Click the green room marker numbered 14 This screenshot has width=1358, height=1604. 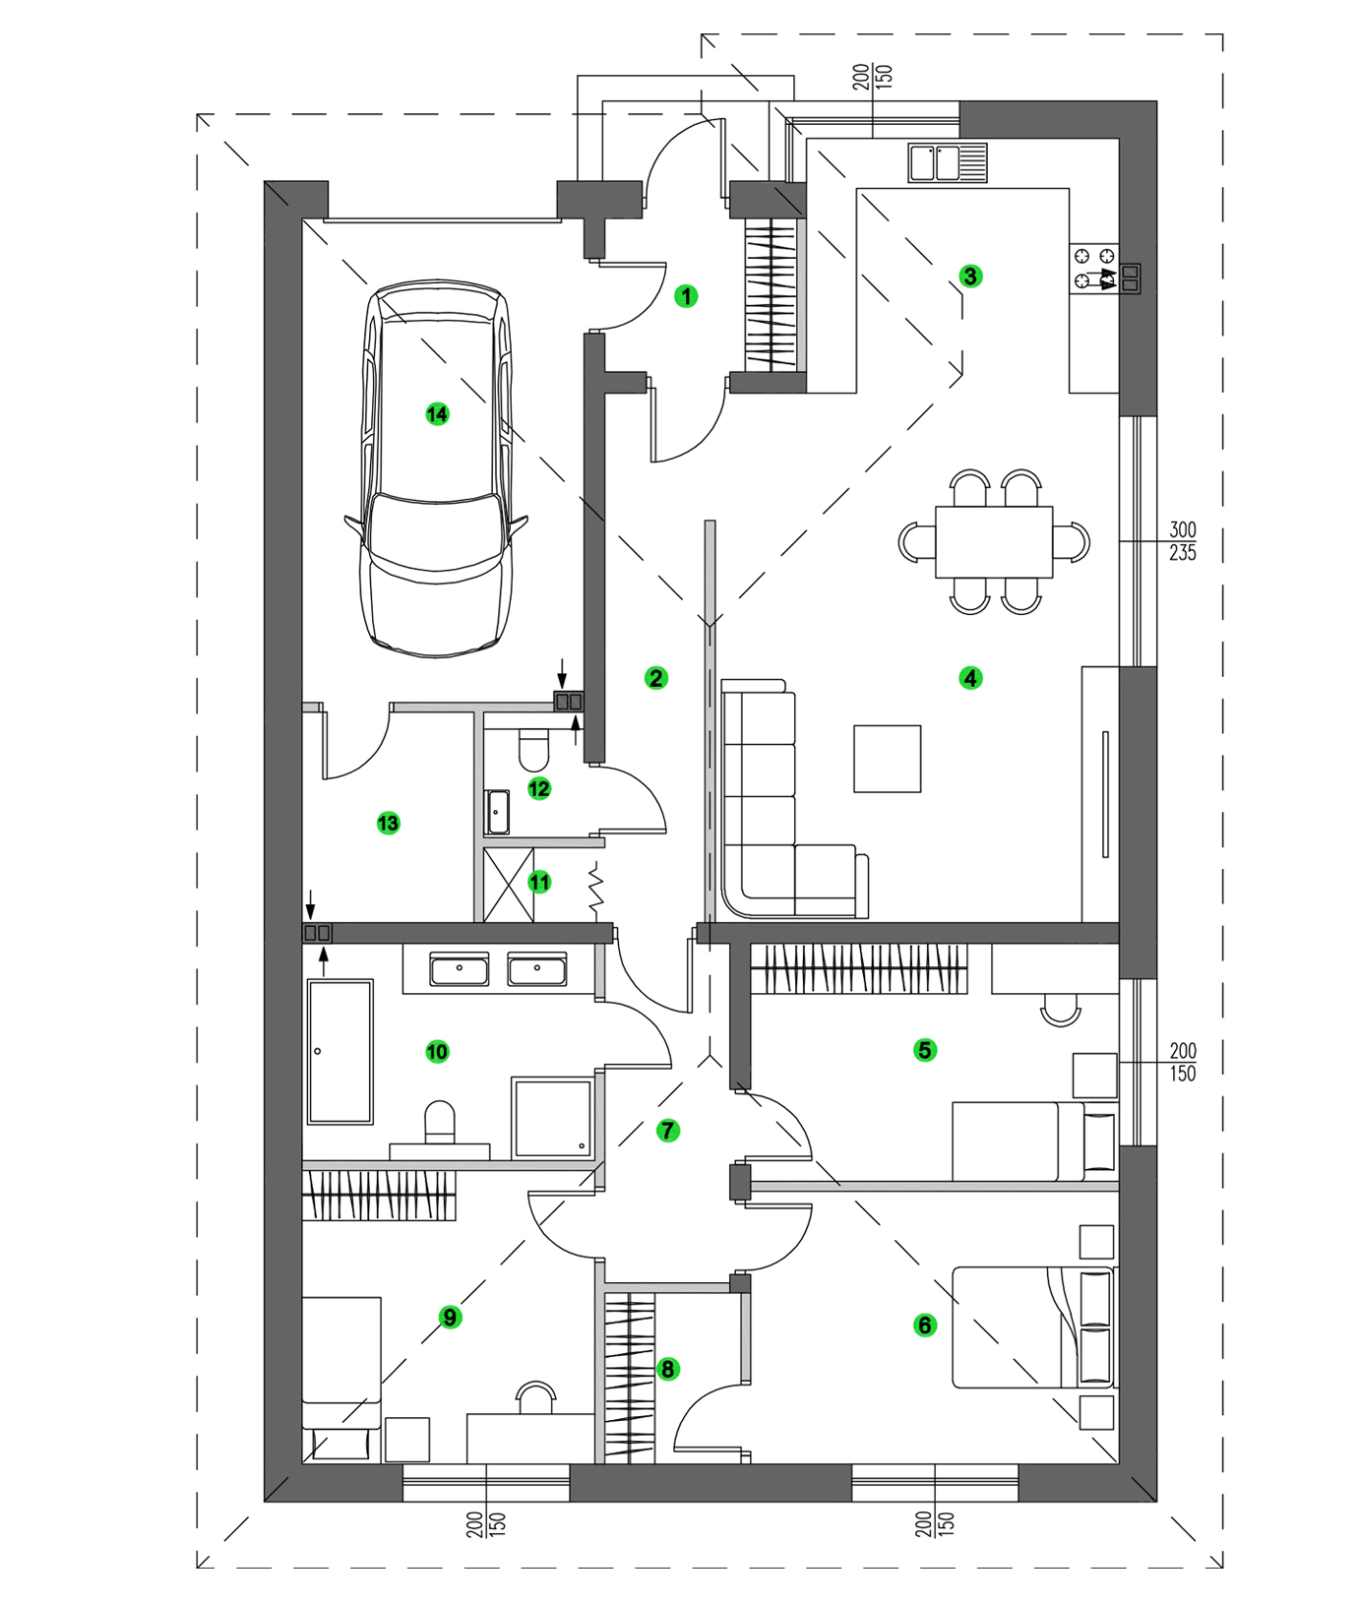click(x=437, y=414)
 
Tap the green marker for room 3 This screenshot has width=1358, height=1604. click(x=970, y=277)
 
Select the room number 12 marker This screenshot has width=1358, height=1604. click(x=539, y=788)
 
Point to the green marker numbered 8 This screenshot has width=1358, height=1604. click(x=667, y=1369)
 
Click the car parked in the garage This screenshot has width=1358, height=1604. click(x=437, y=472)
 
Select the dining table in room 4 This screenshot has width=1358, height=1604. click(x=994, y=542)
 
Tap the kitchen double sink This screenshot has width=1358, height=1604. click(x=947, y=163)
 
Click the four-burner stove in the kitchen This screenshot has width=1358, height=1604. click(x=1094, y=269)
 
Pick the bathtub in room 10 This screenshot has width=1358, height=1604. click(x=340, y=1051)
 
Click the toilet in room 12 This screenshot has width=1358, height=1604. click(x=533, y=750)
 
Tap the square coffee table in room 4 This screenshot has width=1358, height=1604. click(x=887, y=759)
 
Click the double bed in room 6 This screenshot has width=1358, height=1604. click(x=1033, y=1327)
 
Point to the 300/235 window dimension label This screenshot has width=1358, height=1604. click(x=1182, y=541)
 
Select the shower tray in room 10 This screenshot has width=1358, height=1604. click(x=552, y=1118)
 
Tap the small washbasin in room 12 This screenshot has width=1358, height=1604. click(x=497, y=812)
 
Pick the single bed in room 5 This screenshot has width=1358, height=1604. click(x=1033, y=1141)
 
